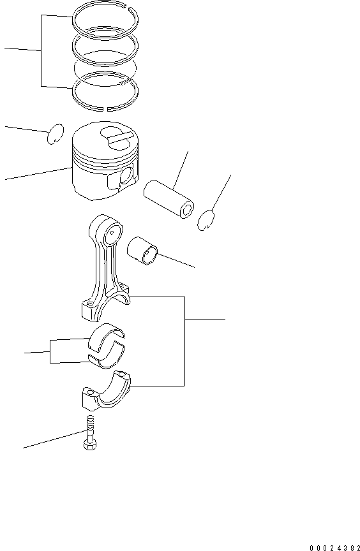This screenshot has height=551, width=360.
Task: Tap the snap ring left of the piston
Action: (56, 134)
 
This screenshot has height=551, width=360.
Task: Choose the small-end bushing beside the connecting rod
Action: (143, 249)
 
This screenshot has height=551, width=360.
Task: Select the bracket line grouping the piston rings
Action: (42, 51)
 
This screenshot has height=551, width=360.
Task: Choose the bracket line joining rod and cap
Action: (184, 341)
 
